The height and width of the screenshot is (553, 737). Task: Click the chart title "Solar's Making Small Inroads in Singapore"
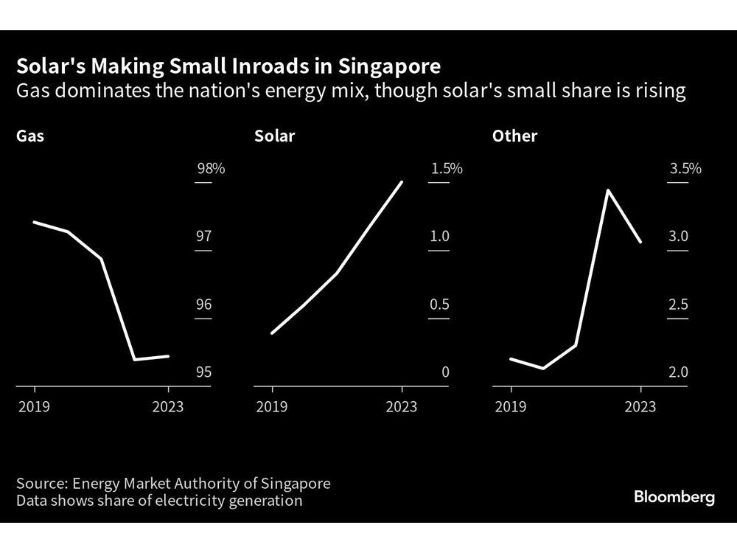pos(228,67)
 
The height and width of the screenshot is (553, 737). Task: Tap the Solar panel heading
pos(274,136)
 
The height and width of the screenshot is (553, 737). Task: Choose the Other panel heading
pos(514,136)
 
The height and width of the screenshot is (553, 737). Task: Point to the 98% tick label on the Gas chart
pos(210,169)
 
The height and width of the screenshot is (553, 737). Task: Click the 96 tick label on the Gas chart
pos(203,305)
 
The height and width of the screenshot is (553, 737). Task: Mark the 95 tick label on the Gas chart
pos(203,372)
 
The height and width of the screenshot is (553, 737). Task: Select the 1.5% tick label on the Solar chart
pos(447,169)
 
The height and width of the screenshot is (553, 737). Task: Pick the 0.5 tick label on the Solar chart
pos(439,305)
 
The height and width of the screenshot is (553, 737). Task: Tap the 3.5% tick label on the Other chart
pos(685,169)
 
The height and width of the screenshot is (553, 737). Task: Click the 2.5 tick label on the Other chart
pos(678,305)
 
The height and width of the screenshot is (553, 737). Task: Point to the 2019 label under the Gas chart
pos(34,407)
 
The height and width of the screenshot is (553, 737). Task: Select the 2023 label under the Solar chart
pos(402,407)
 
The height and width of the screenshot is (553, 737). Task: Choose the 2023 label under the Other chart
pos(640,407)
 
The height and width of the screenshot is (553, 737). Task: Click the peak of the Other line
pos(607,190)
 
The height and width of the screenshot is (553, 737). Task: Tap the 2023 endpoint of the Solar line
pos(402,181)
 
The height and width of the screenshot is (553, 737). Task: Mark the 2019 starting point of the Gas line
pos(35,222)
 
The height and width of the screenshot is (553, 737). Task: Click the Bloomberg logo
pos(674,497)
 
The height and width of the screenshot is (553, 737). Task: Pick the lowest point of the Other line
pos(543,368)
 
